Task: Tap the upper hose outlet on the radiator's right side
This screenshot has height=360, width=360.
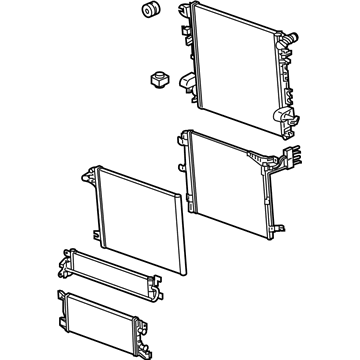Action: [x=290, y=38]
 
